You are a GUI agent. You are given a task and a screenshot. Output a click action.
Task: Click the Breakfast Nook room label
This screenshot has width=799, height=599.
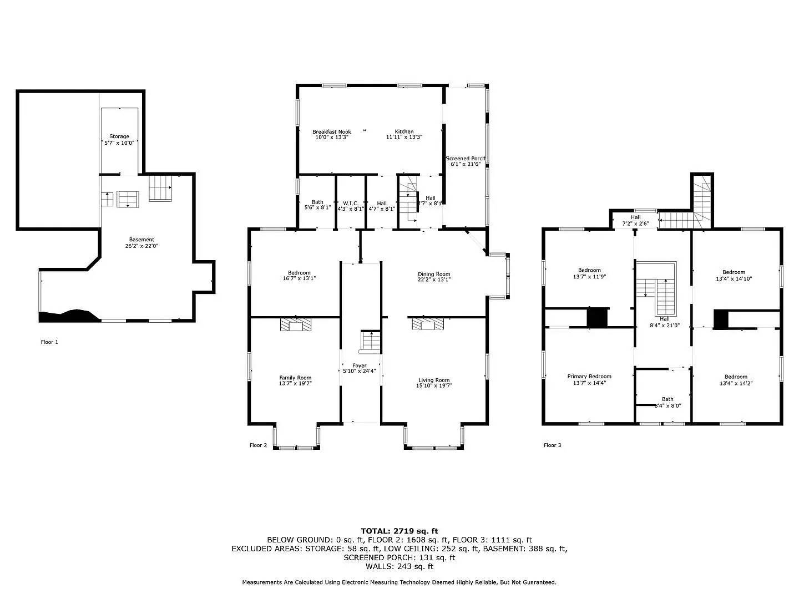(332, 132)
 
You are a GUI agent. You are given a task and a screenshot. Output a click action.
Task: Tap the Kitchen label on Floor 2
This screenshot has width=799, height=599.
(404, 132)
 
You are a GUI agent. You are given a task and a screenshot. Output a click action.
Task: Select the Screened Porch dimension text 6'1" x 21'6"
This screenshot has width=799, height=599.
(466, 165)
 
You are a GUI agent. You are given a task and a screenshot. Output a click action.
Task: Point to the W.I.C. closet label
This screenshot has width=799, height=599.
(351, 204)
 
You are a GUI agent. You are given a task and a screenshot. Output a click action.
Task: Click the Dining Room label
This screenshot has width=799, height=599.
(434, 274)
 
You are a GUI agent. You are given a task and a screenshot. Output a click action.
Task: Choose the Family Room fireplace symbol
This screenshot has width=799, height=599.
(296, 324)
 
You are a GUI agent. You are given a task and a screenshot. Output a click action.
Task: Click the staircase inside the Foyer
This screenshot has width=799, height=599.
(370, 341)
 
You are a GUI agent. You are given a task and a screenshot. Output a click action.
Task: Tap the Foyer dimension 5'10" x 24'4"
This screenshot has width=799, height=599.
(360, 371)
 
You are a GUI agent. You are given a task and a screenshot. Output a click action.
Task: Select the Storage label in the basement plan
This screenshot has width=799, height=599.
(119, 136)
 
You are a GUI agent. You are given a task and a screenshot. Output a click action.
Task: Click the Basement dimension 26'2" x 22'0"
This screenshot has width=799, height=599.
(141, 246)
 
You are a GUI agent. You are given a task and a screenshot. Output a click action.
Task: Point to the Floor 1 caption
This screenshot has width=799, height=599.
(49, 342)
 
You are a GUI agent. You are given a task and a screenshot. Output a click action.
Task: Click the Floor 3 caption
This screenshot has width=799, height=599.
(552, 445)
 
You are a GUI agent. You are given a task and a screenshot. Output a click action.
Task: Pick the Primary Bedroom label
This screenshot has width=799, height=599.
(589, 377)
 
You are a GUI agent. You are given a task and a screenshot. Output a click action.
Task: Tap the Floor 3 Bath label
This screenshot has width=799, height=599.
(667, 399)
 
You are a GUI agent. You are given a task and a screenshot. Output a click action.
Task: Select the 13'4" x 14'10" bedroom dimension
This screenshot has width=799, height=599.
(734, 279)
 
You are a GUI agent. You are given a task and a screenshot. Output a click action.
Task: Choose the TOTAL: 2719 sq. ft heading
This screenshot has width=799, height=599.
(399, 531)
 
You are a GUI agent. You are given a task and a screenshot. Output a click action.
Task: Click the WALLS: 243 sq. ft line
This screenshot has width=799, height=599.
(399, 566)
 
